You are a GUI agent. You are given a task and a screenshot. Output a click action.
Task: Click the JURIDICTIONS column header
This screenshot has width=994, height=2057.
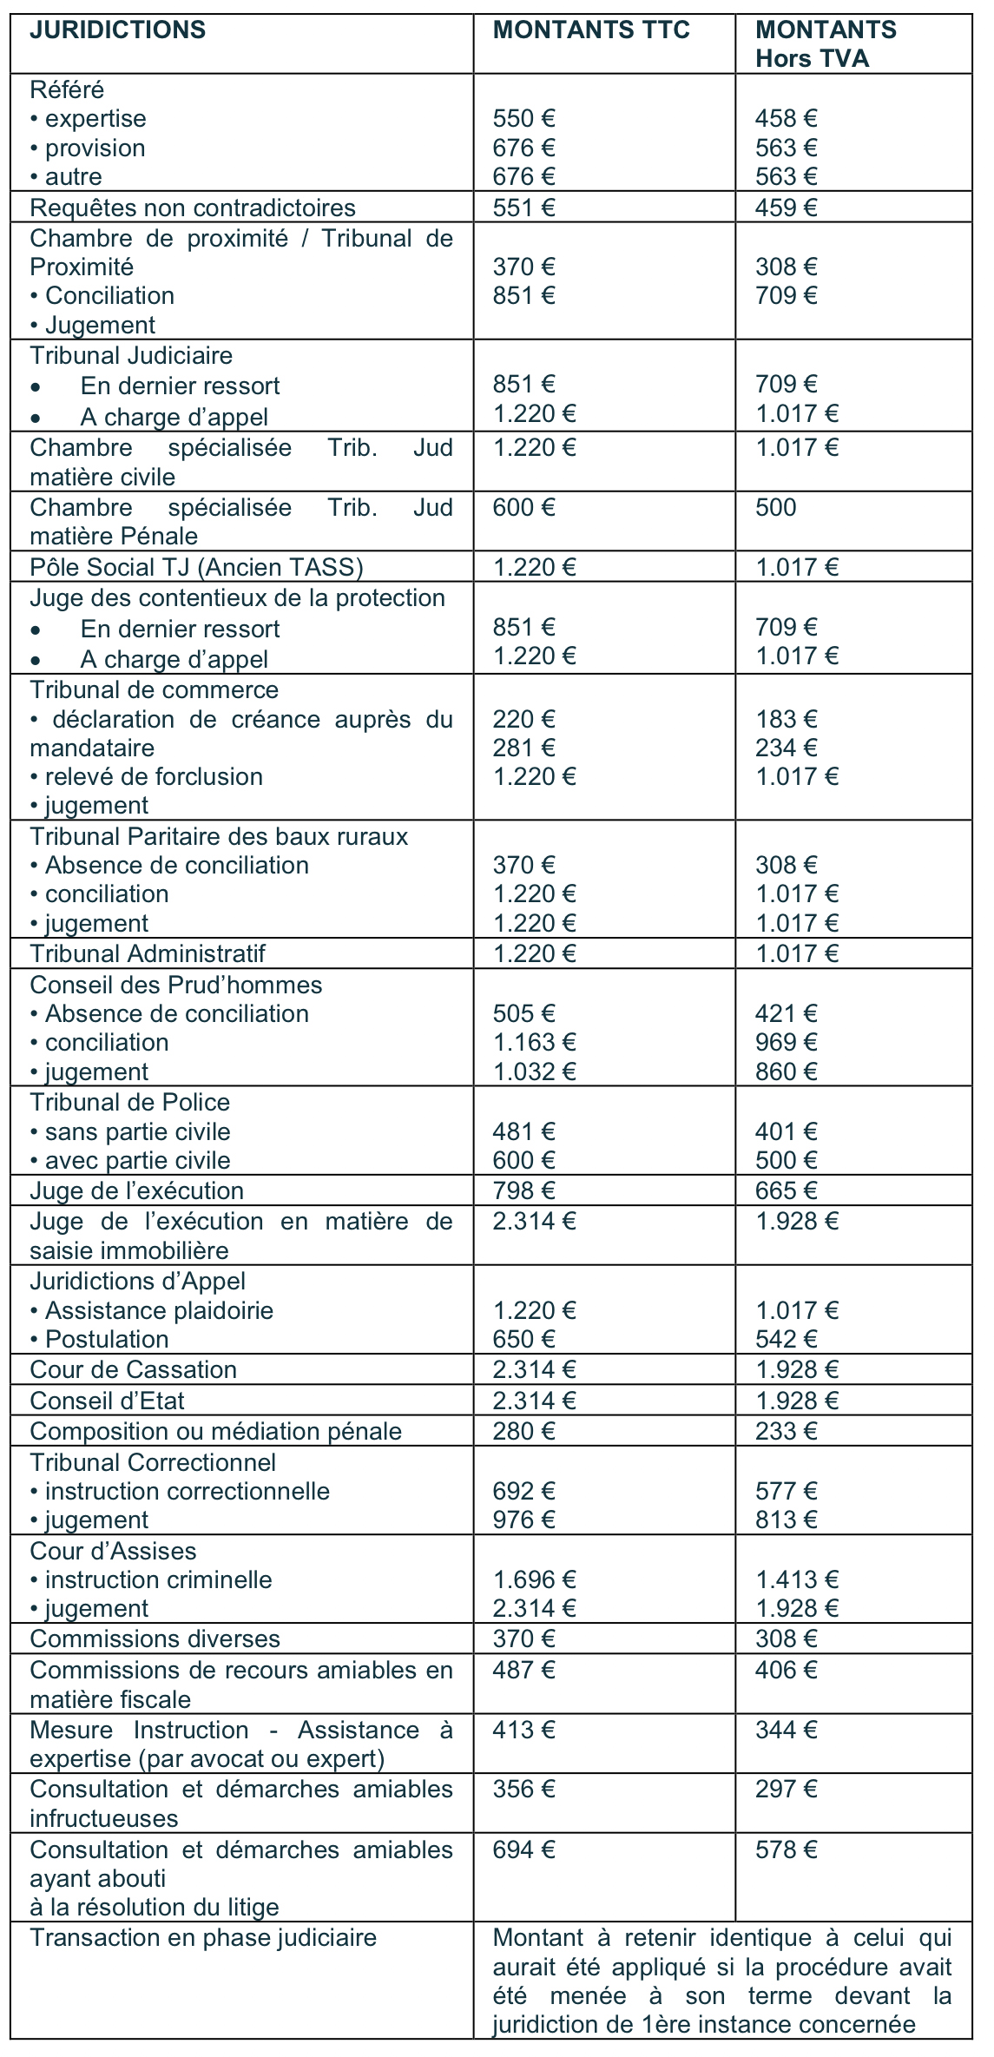click(x=117, y=30)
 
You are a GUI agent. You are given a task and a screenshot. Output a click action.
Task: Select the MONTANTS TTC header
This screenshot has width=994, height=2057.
click(x=590, y=30)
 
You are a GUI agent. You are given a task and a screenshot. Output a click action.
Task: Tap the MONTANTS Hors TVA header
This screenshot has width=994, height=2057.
click(x=825, y=44)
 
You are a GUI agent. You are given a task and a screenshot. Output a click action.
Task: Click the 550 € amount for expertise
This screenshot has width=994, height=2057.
click(x=523, y=119)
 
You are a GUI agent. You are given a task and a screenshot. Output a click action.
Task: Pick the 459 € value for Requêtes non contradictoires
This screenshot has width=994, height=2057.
click(x=786, y=208)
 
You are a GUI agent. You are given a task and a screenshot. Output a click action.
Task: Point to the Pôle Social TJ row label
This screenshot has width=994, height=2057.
click(x=196, y=568)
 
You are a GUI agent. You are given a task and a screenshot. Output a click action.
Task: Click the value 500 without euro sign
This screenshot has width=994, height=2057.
click(x=775, y=508)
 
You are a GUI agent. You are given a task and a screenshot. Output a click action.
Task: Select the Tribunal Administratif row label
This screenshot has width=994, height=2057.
click(x=148, y=954)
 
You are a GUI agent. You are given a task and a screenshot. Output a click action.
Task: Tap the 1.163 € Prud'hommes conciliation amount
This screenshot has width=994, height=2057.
click(x=534, y=1043)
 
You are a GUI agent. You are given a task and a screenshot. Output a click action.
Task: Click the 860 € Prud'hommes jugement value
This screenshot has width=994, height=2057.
click(x=786, y=1072)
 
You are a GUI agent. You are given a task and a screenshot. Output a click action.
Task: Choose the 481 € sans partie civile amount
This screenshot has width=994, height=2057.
click(x=523, y=1132)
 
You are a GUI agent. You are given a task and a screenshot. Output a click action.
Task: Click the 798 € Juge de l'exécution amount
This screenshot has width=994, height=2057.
click(x=523, y=1191)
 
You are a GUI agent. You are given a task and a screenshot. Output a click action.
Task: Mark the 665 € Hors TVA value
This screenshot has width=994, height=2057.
click(x=786, y=1191)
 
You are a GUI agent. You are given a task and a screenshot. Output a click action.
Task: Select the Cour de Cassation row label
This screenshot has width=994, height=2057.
click(x=133, y=1370)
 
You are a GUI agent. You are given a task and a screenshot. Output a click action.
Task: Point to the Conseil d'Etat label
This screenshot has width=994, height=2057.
click(x=107, y=1401)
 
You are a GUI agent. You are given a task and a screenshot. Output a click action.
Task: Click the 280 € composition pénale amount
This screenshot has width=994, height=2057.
click(x=523, y=1432)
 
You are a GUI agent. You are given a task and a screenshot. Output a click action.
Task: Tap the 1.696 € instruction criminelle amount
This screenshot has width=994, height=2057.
click(x=534, y=1580)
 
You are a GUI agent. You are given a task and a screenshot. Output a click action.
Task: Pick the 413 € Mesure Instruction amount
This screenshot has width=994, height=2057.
click(x=523, y=1731)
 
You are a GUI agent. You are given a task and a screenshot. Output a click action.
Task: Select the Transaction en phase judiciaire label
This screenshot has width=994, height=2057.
click(x=203, y=1938)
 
